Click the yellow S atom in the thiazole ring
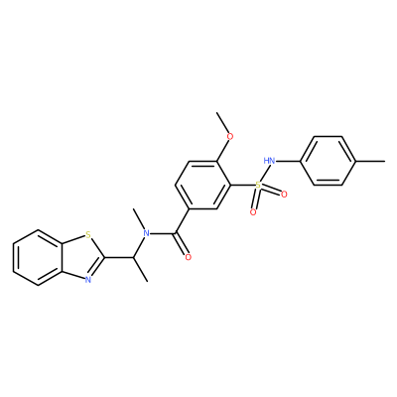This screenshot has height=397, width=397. pos(87,235)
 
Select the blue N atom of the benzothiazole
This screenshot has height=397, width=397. pos(87,280)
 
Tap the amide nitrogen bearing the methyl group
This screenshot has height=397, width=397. pos(146,234)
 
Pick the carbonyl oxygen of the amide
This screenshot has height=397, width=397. pos(189,257)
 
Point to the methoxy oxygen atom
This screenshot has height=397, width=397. pos(230,136)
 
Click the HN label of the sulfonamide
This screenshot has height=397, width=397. pos(269,161)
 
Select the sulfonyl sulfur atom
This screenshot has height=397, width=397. pos(258,186)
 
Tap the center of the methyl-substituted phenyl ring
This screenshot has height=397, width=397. pos(329,161)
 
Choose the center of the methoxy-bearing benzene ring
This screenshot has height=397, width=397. pos(202,185)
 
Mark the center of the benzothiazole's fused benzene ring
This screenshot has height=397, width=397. pos(38,257)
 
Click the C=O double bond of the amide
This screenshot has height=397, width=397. pos(181,244)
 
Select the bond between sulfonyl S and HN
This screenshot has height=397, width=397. pos(263,174)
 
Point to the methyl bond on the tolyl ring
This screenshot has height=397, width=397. pos(371,161)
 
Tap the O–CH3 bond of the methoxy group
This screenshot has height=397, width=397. pos(224,122)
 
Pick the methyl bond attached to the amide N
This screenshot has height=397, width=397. pos(138,219)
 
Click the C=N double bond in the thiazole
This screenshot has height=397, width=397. pos(97,267)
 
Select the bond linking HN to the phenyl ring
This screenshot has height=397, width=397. pos(288,161)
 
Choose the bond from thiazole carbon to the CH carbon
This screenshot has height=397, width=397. pos(119,257)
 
